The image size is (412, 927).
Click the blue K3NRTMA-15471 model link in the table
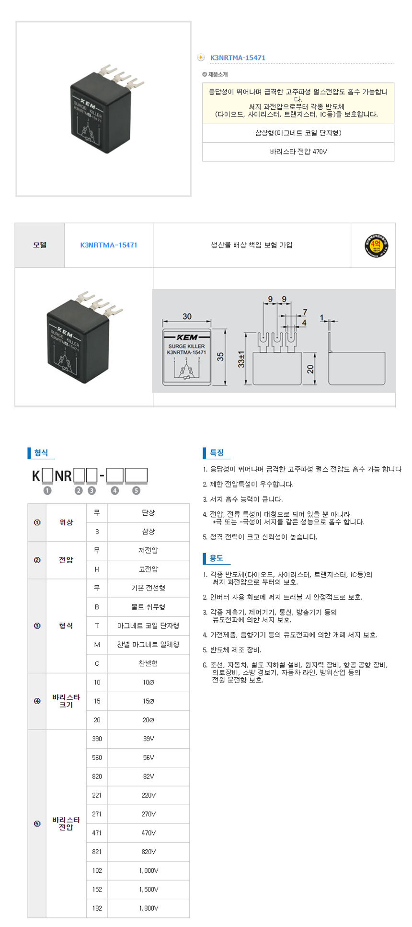[109, 245]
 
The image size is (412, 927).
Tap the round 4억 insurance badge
[376, 246]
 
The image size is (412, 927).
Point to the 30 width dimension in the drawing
[187, 316]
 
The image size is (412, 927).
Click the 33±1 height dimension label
[241, 359]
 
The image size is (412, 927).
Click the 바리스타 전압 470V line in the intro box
[298, 151]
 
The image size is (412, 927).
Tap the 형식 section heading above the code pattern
[41, 452]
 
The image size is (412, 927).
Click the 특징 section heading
[217, 452]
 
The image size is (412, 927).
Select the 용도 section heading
[217, 558]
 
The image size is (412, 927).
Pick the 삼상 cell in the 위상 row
[149, 532]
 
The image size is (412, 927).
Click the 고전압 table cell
[149, 569]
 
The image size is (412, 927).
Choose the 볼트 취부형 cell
[149, 607]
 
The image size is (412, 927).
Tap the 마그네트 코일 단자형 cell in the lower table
[149, 626]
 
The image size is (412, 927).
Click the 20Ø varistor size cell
[149, 720]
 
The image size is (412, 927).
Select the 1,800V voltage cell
[149, 908]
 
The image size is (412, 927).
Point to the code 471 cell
[97, 833]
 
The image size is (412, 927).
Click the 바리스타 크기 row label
[66, 701]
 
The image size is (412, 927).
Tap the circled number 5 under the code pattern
[137, 490]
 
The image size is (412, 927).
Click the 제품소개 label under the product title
[218, 75]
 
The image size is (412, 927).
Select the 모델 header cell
[40, 245]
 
